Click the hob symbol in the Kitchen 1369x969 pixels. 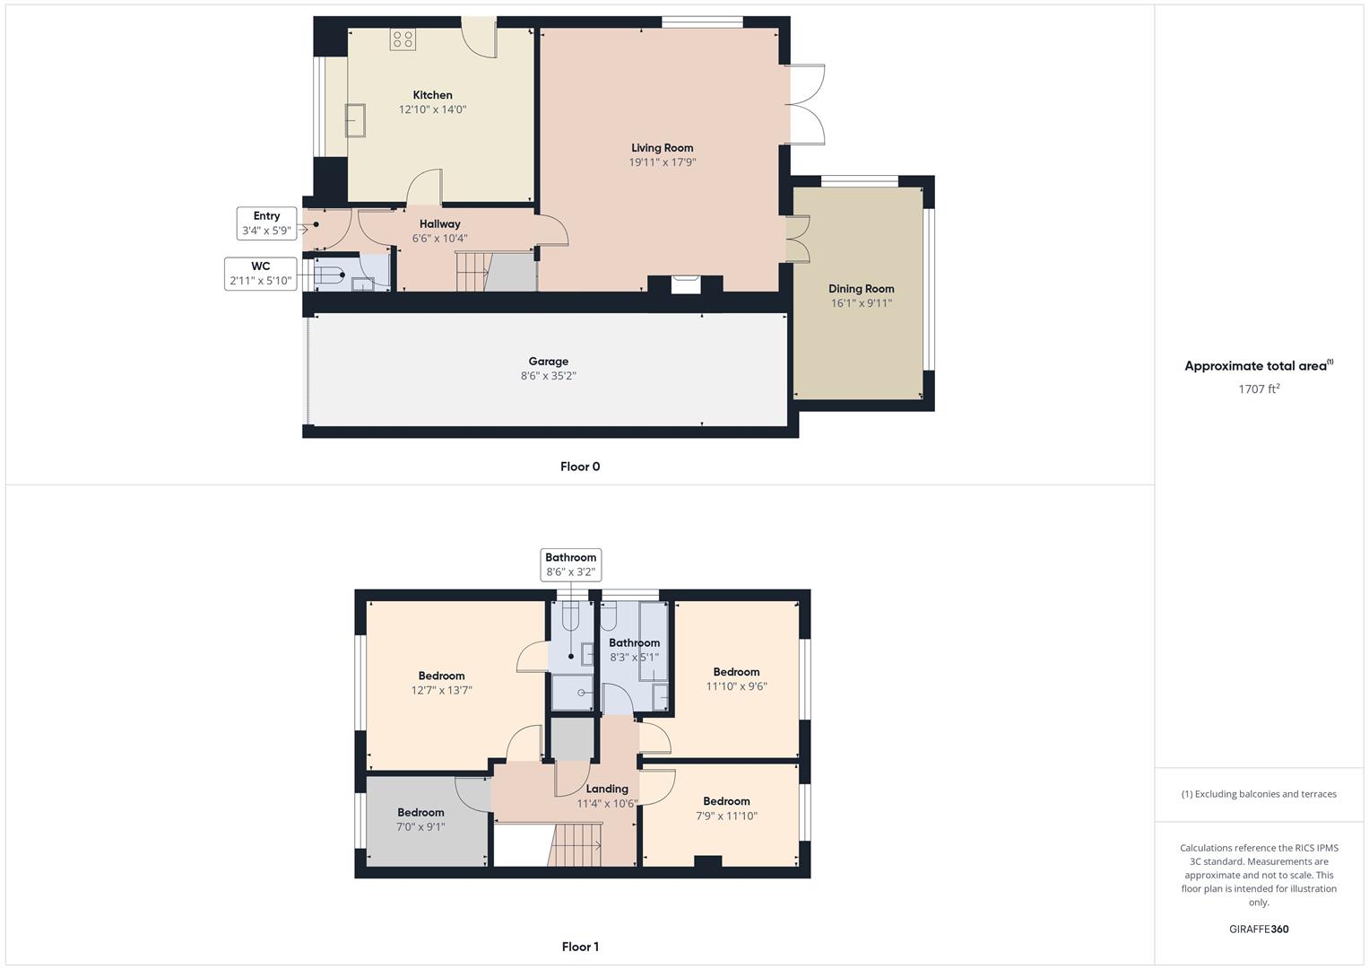pos(403,39)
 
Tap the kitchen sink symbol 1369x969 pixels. pos(355,120)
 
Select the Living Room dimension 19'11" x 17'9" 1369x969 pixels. pos(663,162)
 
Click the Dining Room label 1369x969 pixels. pos(862,289)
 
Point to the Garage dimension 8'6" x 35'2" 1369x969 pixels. pos(548,376)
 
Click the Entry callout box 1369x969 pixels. pos(266,223)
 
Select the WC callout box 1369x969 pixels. pos(260,274)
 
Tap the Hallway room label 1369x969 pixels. pos(439,224)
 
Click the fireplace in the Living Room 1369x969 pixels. pos(685,285)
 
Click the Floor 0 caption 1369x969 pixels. pos(580,467)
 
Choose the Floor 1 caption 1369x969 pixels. pos(580,947)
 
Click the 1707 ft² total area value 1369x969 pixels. pos(1259,388)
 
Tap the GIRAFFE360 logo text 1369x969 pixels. pos(1259,929)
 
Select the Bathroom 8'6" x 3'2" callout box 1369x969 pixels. pos(571,564)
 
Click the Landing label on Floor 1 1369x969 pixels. pos(607,790)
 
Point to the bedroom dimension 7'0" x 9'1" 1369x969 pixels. pos(420,826)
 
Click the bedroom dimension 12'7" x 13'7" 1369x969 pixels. pos(441,690)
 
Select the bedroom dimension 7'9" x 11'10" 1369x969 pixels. pos(727,816)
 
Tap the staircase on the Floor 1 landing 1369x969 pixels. pos(575,845)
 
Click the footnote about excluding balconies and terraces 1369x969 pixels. pos(1259,794)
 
